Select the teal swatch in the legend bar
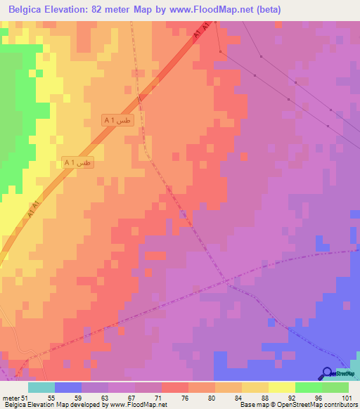pos(41,387)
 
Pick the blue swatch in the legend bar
pos(68,387)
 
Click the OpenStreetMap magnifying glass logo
pos(328,373)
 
